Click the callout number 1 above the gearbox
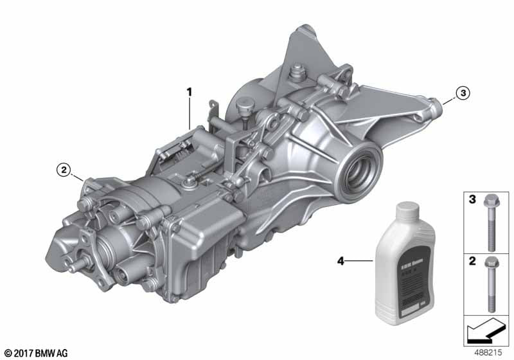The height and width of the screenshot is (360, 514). pos(190,93)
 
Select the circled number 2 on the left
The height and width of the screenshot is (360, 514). pos(62,170)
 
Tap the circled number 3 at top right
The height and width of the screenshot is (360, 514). pos(463,94)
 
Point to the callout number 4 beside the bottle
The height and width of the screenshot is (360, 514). pos(341,262)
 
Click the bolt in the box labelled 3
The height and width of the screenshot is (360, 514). pos(492,222)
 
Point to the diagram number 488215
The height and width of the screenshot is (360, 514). pos(490,353)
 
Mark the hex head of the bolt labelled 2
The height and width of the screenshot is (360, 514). pos(492,263)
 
